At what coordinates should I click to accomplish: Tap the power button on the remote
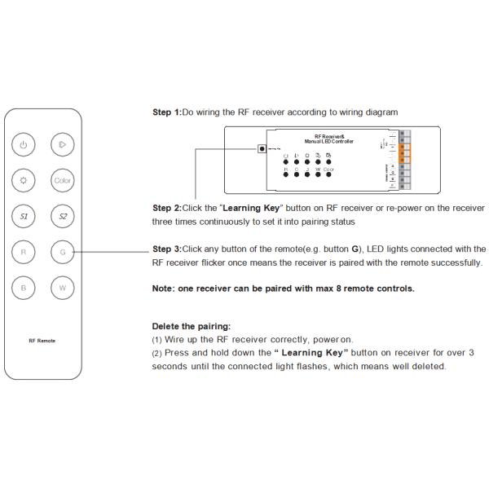pos(24,145)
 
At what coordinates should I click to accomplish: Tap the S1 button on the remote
pos(24,216)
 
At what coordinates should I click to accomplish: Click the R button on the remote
pos(24,252)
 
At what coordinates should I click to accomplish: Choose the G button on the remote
pos(63,252)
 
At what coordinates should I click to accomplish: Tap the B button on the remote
pos(24,287)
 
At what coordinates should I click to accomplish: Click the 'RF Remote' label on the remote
pos(43,340)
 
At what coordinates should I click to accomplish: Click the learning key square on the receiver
pos(262,149)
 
